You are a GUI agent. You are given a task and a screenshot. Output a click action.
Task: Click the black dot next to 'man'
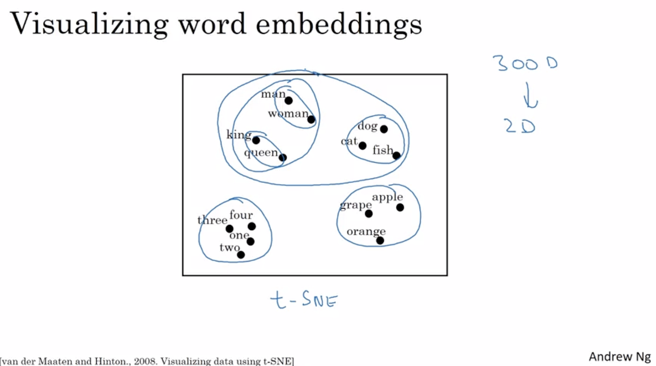289,100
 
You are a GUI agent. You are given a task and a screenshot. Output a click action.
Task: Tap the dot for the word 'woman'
311,120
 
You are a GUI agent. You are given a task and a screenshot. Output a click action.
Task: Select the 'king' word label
239,135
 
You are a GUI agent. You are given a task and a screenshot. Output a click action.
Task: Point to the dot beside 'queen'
282,157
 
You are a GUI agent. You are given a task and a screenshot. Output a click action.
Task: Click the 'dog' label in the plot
367,126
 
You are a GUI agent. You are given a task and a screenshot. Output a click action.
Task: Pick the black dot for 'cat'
362,146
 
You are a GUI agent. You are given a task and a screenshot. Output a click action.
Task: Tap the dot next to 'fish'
396,156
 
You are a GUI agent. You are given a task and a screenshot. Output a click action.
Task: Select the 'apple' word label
388,197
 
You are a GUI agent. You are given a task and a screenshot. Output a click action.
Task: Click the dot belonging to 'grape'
369,214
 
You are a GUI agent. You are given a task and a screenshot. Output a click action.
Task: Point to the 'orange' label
366,232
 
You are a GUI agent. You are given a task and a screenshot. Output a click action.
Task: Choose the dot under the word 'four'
252,226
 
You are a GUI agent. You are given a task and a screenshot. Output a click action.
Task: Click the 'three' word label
212,220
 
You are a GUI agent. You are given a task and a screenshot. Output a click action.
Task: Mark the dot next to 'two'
241,255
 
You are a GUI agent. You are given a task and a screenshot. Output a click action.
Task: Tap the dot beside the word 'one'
250,241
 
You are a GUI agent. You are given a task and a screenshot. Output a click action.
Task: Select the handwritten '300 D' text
525,63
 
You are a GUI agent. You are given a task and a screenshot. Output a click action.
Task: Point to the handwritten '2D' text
520,126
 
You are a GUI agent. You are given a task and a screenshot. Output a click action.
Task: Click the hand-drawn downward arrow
530,96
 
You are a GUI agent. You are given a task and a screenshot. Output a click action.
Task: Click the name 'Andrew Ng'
619,356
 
